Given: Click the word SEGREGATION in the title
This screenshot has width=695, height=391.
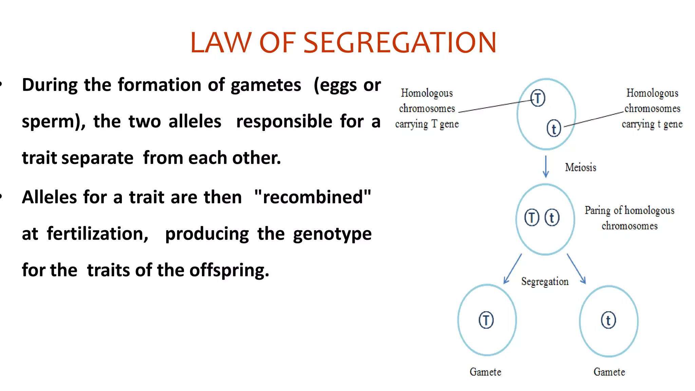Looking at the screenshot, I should click(400, 43).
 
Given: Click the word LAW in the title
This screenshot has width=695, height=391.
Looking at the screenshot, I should click(220, 43).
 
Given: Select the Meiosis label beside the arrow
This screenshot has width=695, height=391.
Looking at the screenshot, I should click(580, 167).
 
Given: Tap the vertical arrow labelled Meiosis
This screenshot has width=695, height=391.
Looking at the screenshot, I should click(546, 166).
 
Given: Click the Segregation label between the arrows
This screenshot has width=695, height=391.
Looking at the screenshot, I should click(545, 281).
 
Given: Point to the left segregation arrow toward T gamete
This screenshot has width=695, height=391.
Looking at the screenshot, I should click(512, 268).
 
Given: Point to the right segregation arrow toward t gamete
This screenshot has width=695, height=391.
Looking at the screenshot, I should click(576, 268).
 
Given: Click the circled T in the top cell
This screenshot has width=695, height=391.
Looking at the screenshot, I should click(538, 98).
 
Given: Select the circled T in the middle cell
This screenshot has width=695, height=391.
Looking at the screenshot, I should click(532, 218).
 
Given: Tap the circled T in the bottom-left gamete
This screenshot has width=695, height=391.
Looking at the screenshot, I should click(486, 320).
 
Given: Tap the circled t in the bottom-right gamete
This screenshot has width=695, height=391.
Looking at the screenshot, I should click(608, 320).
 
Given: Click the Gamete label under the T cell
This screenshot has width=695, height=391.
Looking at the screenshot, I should click(485, 372).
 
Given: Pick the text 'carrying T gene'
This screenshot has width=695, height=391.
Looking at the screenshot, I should click(427, 124).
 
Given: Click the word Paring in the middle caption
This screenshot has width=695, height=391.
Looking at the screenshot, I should click(597, 210).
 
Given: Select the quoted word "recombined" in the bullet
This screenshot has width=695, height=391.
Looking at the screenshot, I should click(313, 197).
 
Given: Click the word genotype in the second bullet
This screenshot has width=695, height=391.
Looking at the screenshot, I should click(332, 234).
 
